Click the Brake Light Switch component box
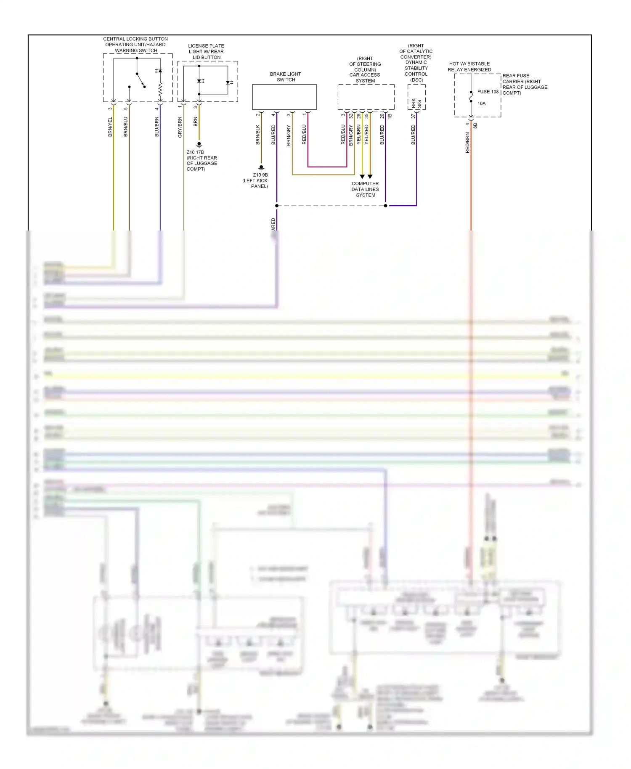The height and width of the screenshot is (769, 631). [x=284, y=97]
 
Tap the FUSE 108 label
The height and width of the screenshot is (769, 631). [x=488, y=92]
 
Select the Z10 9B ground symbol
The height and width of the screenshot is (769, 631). [x=261, y=167]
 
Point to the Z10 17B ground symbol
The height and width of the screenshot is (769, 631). [x=199, y=144]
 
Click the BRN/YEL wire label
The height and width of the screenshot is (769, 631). [x=110, y=127]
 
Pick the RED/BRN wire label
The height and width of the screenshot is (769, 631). [x=467, y=142]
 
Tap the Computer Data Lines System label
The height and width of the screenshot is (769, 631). [x=365, y=189]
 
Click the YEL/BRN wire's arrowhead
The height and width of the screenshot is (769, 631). [x=362, y=177]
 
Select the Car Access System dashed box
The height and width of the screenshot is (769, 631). [x=366, y=97]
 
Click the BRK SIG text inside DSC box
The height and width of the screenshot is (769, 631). [x=416, y=103]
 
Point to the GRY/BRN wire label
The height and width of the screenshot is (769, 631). [x=180, y=127]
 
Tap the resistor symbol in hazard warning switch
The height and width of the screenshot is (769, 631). [x=160, y=89]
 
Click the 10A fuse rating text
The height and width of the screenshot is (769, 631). [x=481, y=103]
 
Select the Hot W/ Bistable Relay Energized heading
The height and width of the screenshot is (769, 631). [x=469, y=66]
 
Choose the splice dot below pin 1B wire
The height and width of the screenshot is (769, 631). [x=386, y=206]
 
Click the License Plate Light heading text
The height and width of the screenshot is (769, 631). [x=206, y=51]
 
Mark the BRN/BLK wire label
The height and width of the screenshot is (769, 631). [x=258, y=135]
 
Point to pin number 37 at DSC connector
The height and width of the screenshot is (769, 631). [x=413, y=116]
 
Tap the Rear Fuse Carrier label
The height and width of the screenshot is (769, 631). [x=525, y=84]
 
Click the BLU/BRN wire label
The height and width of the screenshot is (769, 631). [x=157, y=127]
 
